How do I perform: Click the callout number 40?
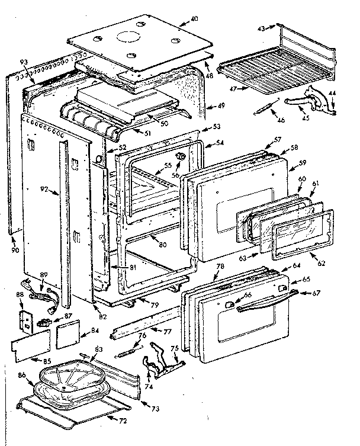coord(194,18)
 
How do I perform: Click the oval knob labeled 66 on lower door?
coord(227,303)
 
